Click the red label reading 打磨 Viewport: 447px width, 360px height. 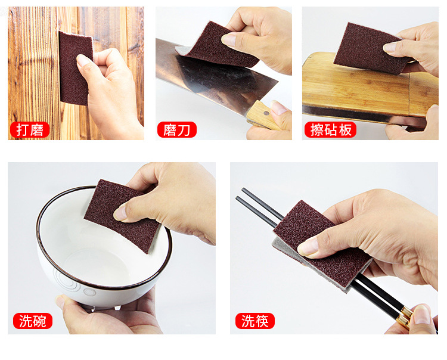(x=30, y=130)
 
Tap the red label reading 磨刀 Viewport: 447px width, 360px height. (x=177, y=130)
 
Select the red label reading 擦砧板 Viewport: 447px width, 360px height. (x=330, y=130)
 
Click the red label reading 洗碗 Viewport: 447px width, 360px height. (x=33, y=321)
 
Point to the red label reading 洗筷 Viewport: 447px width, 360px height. (x=255, y=321)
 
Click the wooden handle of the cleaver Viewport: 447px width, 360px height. (x=262, y=116)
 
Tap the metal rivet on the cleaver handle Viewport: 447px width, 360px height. (x=266, y=113)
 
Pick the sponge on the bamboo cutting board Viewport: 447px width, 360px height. (x=368, y=48)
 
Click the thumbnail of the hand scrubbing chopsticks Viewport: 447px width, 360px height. (x=308, y=247)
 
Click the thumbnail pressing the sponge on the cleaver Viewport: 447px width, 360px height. (x=229, y=39)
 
